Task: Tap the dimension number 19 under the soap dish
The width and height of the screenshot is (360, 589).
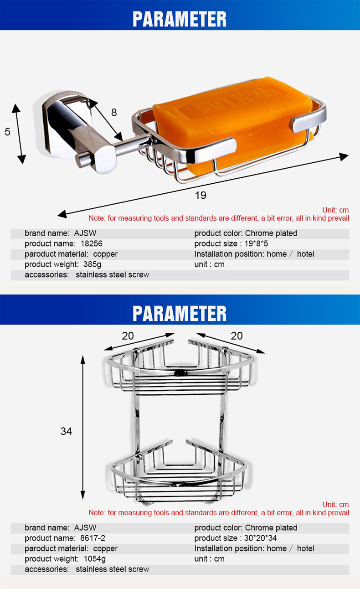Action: coord(201,196)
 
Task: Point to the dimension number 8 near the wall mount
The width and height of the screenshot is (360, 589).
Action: coord(114,112)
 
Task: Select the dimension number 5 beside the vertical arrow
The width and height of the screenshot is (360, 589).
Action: coord(7,132)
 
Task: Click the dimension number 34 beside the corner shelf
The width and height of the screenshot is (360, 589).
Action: coord(66,431)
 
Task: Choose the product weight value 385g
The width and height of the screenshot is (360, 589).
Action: coord(93,264)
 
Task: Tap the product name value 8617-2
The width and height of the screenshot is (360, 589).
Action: coord(93,538)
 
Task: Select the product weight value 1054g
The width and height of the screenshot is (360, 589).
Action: coord(95,559)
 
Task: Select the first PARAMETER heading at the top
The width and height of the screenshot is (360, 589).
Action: coord(180,19)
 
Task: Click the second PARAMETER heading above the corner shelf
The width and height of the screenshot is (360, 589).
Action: coord(180,314)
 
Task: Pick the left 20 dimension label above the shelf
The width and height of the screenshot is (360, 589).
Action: coord(128,336)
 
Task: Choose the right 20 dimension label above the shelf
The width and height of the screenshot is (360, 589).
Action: coord(237,336)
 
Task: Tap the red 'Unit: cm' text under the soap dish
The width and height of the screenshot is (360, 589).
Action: coord(335,210)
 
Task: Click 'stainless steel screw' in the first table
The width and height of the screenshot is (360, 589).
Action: coord(112,275)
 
